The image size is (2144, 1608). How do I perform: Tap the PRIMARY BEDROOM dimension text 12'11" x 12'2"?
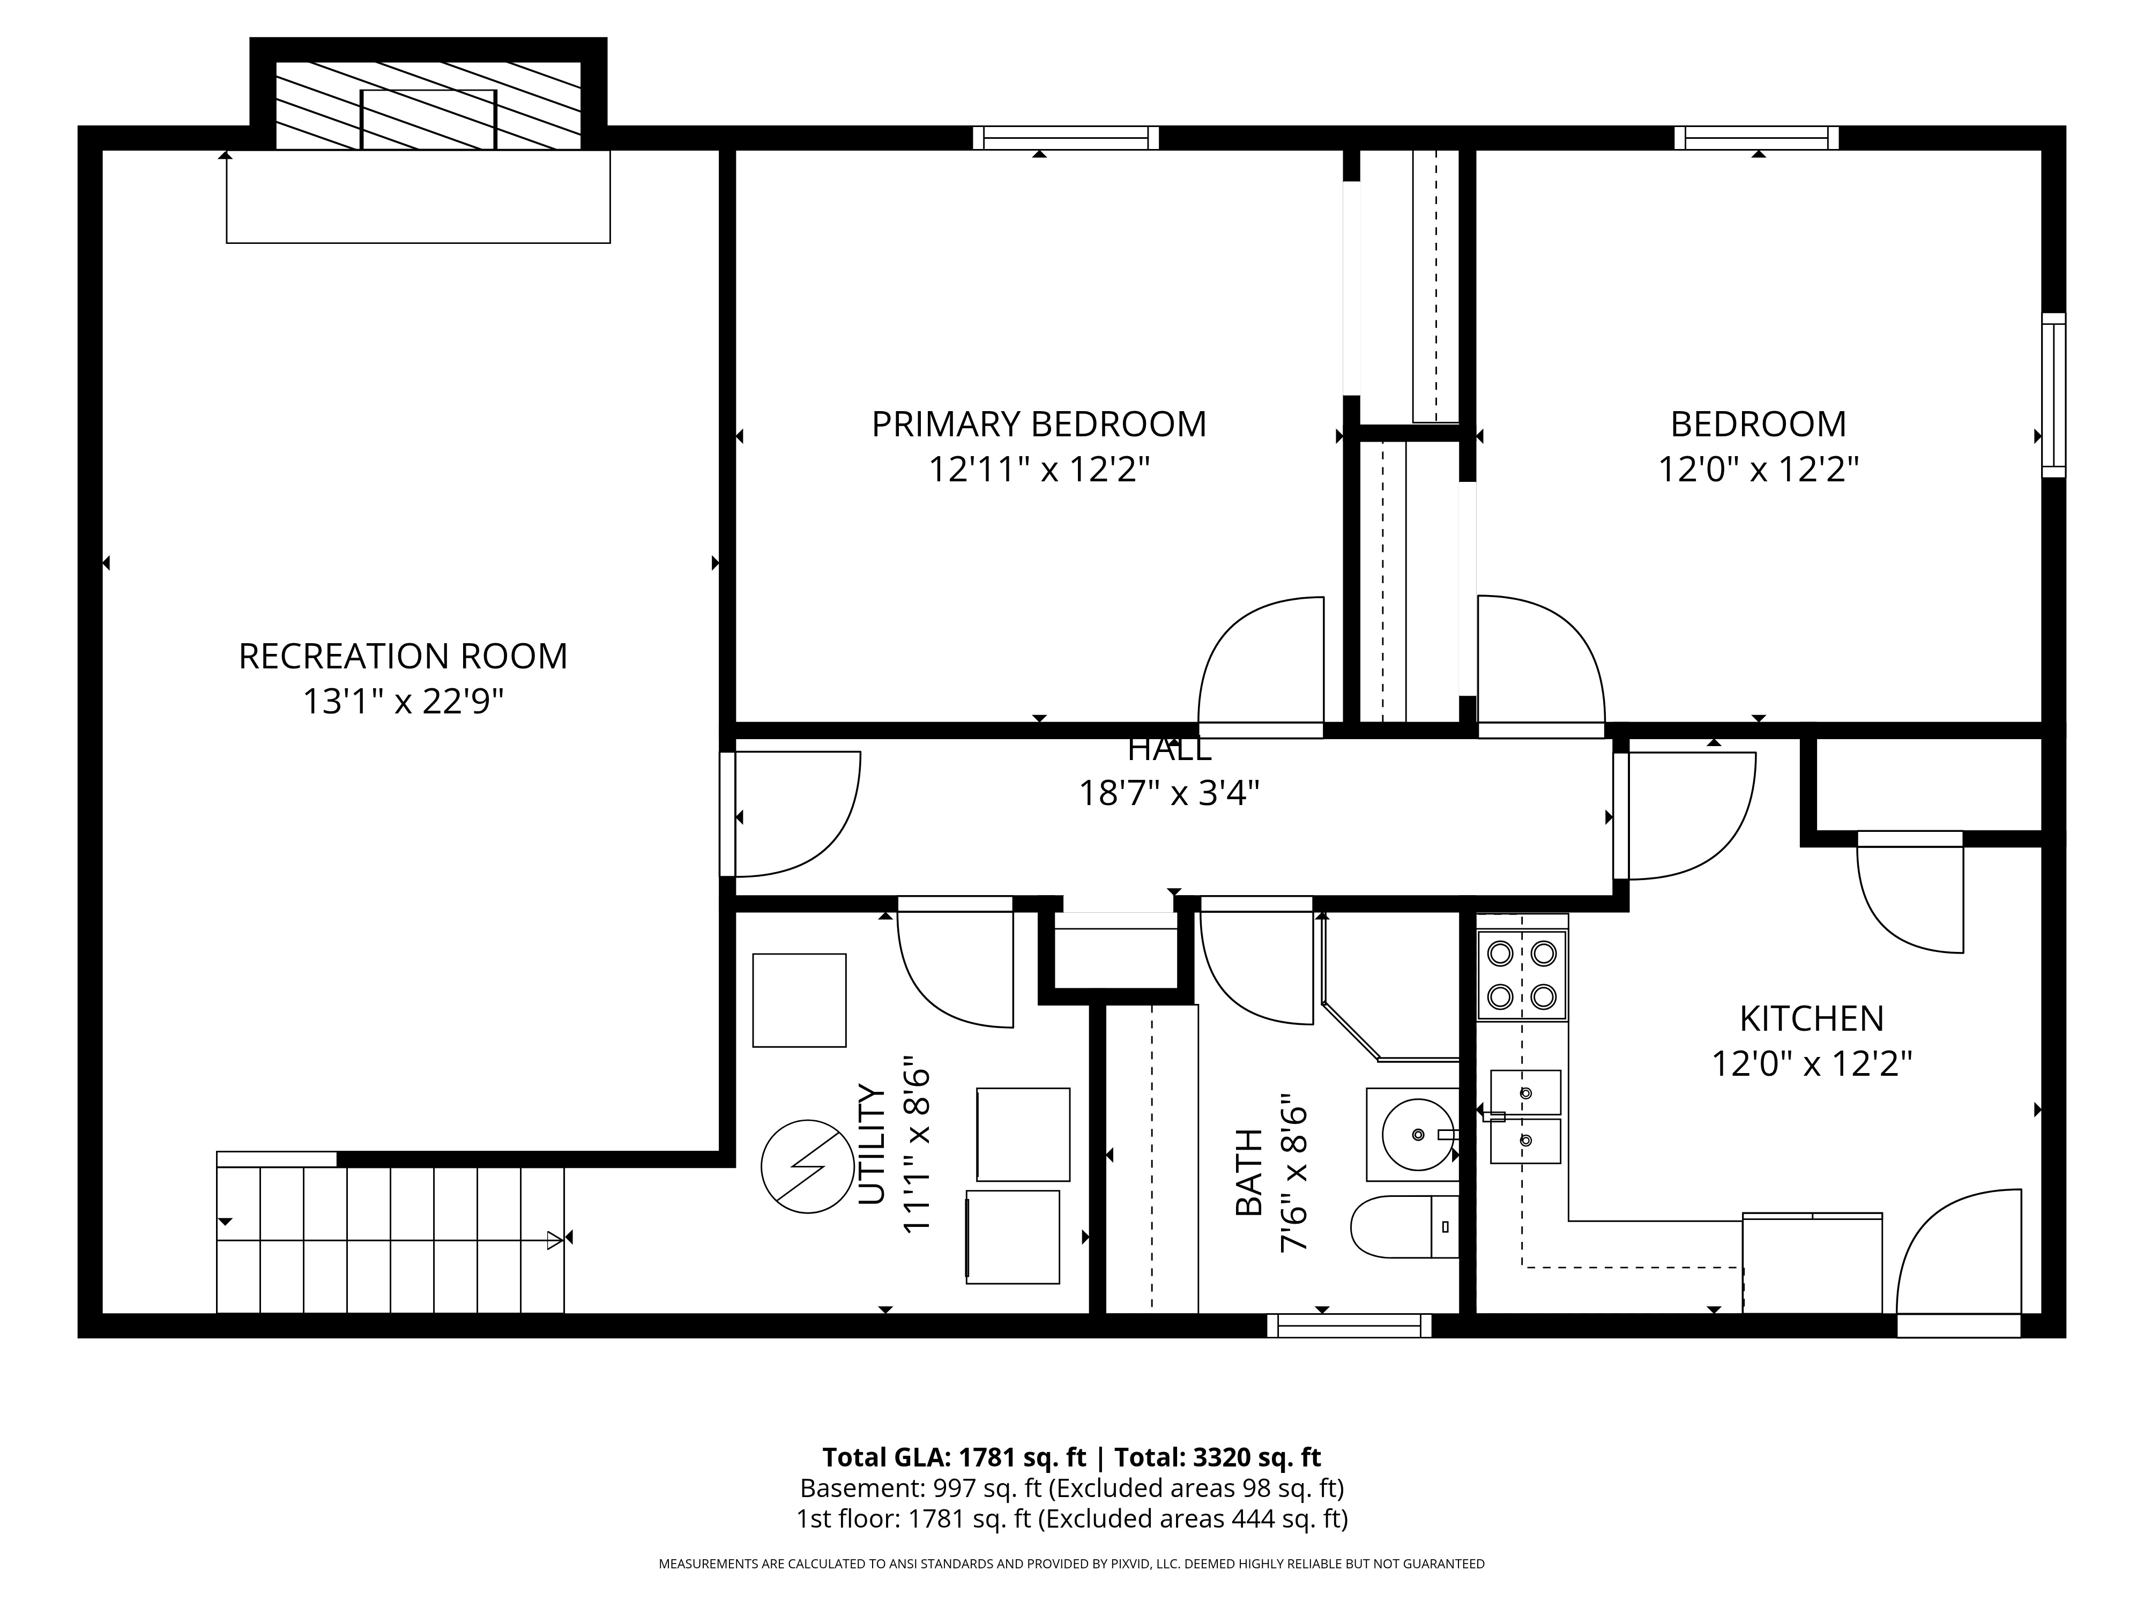[x=1039, y=470]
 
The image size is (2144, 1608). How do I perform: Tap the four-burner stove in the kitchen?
[x=1522, y=975]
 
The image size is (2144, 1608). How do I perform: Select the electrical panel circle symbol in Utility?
[x=807, y=1167]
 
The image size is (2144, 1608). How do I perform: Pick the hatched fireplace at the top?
[x=428, y=106]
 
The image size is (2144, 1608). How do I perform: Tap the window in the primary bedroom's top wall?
[x=1066, y=138]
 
